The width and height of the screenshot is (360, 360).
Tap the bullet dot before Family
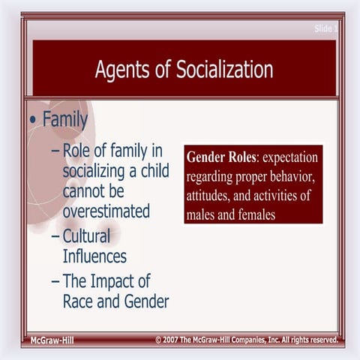(x=32, y=119)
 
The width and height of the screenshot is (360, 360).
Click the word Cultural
(x=86, y=236)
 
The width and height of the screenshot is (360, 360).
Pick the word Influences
(x=94, y=256)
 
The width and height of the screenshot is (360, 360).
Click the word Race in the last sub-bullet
(x=79, y=301)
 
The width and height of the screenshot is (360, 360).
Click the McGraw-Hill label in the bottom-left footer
(x=51, y=340)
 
